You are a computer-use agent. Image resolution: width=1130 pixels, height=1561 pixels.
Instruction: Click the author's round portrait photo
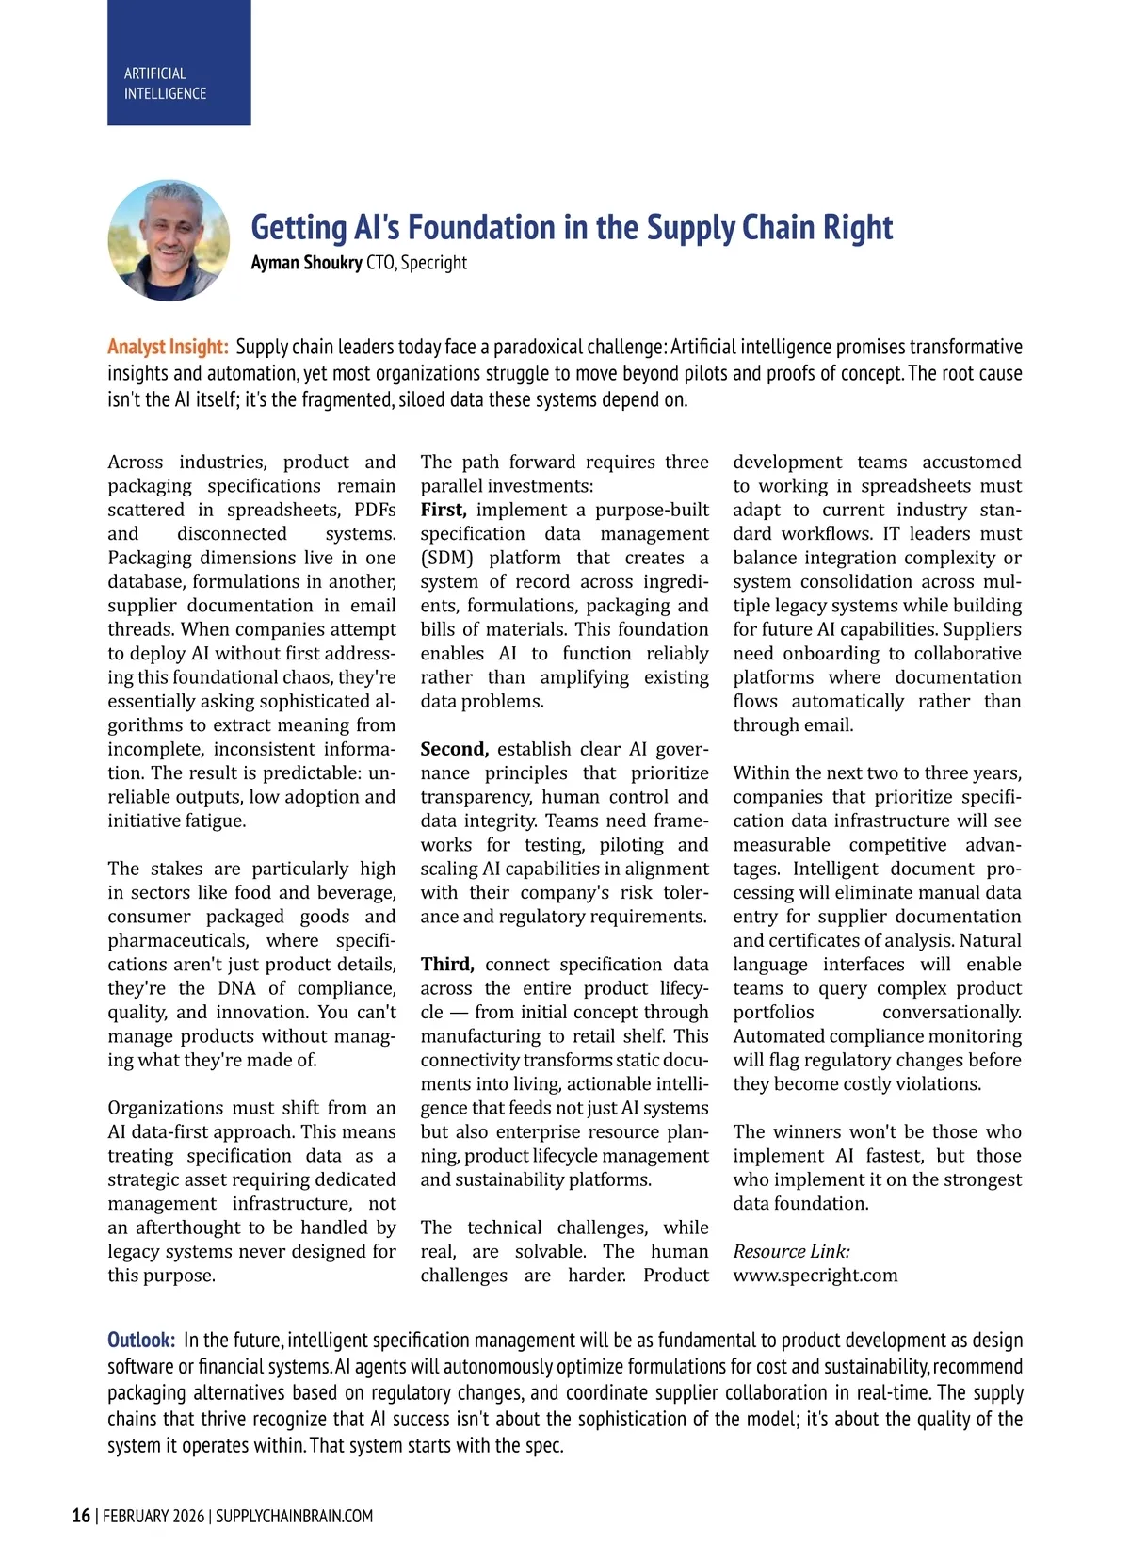(169, 241)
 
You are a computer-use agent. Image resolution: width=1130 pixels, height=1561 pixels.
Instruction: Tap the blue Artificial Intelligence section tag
(179, 63)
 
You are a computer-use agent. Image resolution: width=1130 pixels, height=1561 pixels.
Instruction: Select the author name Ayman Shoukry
(306, 263)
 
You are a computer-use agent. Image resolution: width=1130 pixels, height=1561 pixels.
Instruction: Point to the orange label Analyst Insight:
(168, 347)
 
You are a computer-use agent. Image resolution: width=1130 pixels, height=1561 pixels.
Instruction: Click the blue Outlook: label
(141, 1340)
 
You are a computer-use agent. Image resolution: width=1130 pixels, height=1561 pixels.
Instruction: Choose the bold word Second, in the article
(454, 749)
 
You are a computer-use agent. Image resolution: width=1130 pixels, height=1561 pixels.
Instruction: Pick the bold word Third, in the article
(447, 964)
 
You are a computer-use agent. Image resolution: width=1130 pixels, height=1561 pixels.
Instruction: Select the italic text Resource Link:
(791, 1251)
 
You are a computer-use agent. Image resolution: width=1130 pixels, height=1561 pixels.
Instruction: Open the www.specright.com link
(815, 1276)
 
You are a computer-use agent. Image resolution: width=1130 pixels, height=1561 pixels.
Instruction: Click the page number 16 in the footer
(82, 1516)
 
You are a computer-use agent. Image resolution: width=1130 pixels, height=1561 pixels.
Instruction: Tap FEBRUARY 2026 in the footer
(153, 1516)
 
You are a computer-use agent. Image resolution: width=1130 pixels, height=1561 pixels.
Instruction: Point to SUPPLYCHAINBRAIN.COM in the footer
(295, 1516)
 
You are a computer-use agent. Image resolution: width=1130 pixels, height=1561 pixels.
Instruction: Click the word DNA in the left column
(236, 988)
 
